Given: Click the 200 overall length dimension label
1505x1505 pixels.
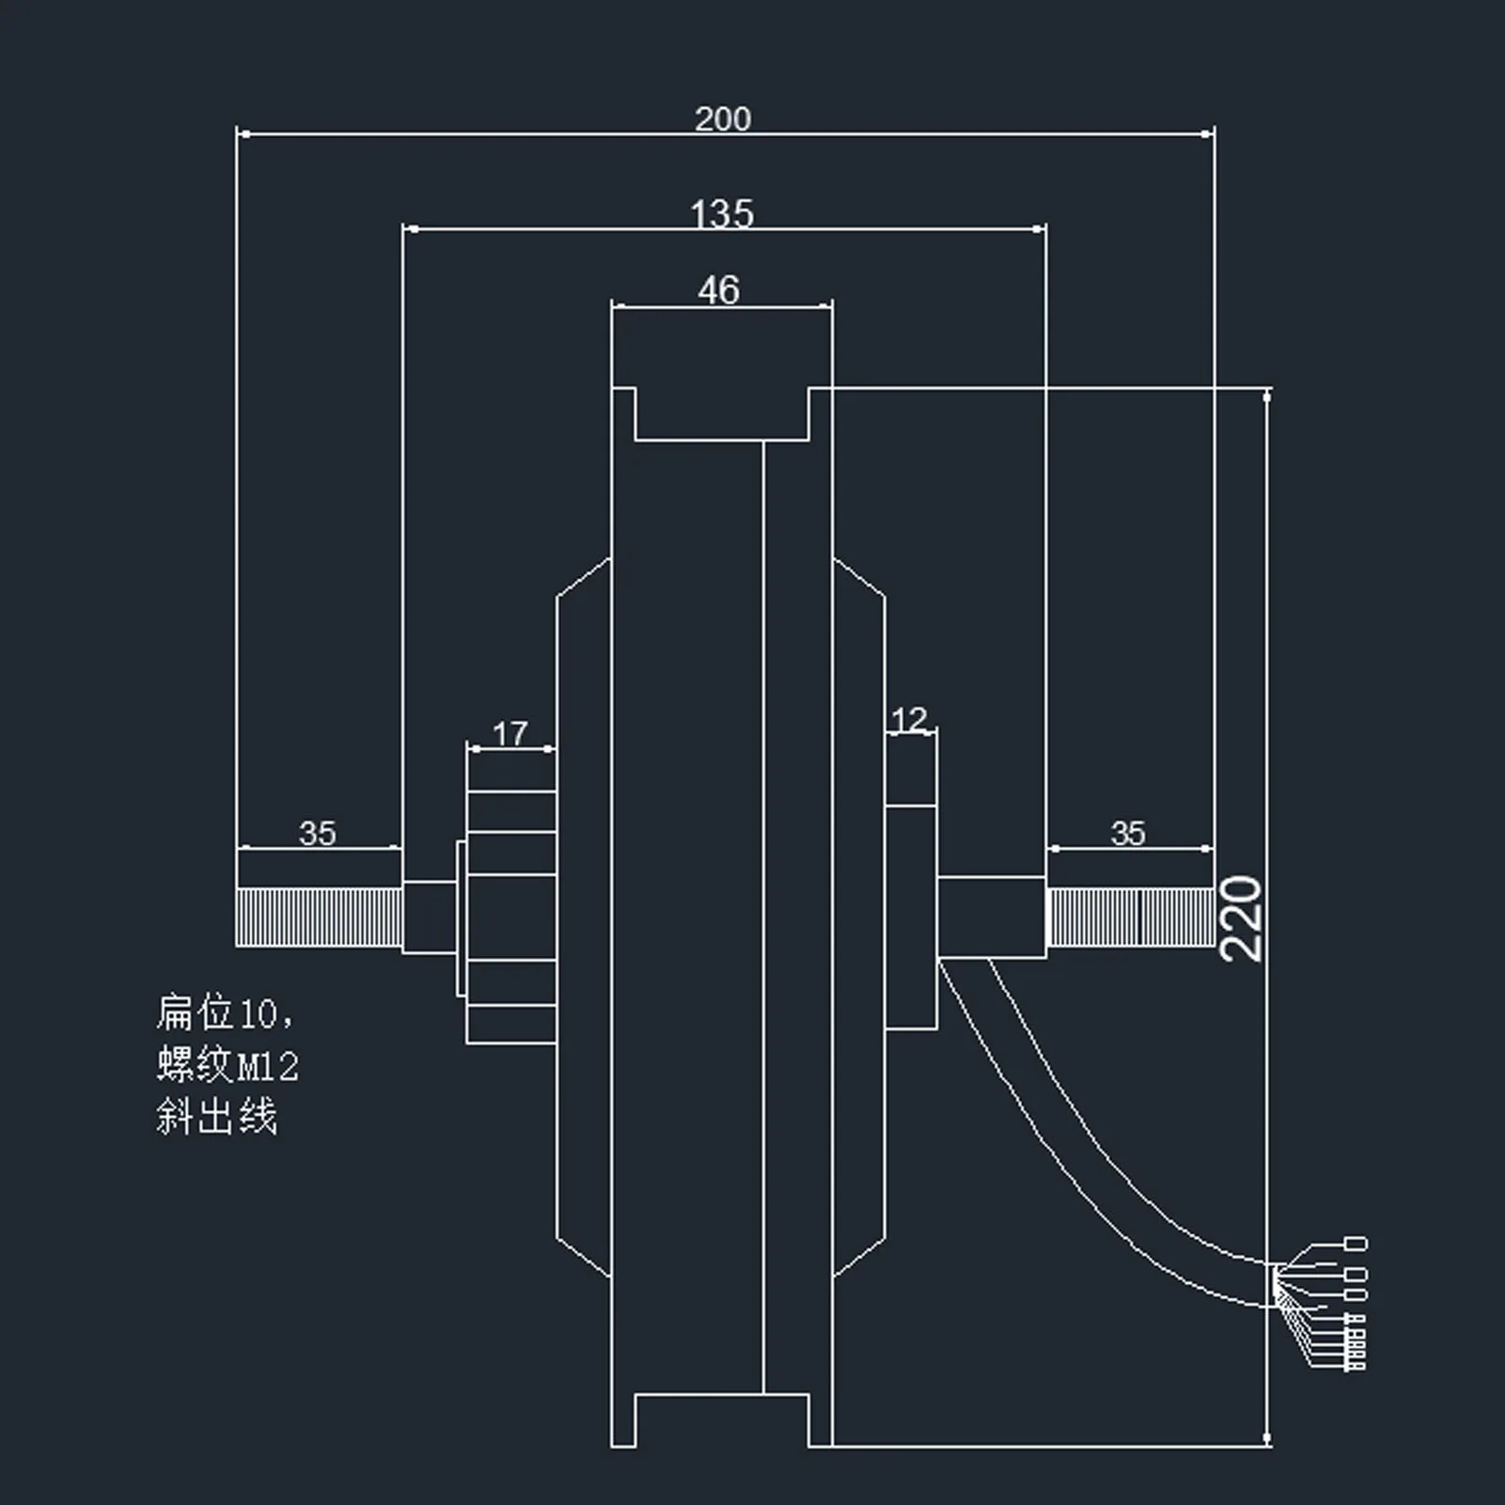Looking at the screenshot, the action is [x=722, y=118].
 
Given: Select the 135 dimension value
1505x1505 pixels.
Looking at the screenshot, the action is [x=722, y=213].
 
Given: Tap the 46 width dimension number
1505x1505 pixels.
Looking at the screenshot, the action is [x=719, y=290].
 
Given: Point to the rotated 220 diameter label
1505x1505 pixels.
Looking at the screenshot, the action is [x=1240, y=918].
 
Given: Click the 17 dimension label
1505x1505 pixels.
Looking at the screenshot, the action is [x=510, y=733].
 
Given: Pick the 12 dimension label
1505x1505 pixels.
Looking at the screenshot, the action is [x=909, y=720].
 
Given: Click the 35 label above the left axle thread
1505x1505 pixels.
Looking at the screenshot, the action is [x=317, y=833].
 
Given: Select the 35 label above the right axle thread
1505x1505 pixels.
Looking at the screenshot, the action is [x=1128, y=833].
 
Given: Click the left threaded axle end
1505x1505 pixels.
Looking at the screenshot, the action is [x=319, y=917].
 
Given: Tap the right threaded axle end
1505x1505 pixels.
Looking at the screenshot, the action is [x=1130, y=917].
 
